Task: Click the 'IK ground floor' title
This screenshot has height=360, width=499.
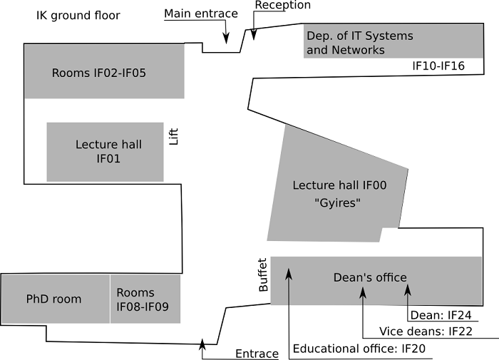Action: [78, 15]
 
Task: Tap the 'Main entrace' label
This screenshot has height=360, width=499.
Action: [200, 14]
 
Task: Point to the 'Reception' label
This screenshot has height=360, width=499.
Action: [282, 6]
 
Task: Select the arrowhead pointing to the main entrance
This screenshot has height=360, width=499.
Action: [226, 38]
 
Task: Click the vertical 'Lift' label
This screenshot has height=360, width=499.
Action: [173, 135]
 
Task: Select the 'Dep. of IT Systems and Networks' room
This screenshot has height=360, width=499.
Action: [359, 43]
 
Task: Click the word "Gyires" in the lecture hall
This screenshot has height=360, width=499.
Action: [339, 202]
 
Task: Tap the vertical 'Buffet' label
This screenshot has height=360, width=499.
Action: [262, 274]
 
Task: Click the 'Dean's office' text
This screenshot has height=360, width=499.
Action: [370, 277]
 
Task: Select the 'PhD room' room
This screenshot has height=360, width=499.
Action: [54, 299]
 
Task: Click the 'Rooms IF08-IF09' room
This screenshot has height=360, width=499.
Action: [145, 299]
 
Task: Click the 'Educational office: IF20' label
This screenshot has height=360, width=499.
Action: [359, 349]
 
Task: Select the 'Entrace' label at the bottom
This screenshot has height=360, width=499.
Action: [257, 354]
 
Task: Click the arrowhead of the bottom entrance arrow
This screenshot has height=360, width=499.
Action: [202, 344]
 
